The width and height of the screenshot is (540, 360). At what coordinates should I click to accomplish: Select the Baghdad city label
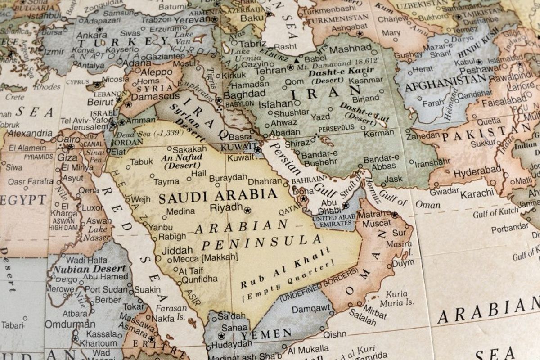[244, 94]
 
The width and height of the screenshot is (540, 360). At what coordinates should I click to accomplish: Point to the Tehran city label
[270, 71]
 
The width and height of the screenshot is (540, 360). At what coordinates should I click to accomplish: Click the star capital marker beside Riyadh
[247, 210]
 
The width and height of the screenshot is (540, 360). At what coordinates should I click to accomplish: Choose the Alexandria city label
[30, 133]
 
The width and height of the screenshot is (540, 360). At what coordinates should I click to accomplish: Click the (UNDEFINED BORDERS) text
[319, 284]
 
